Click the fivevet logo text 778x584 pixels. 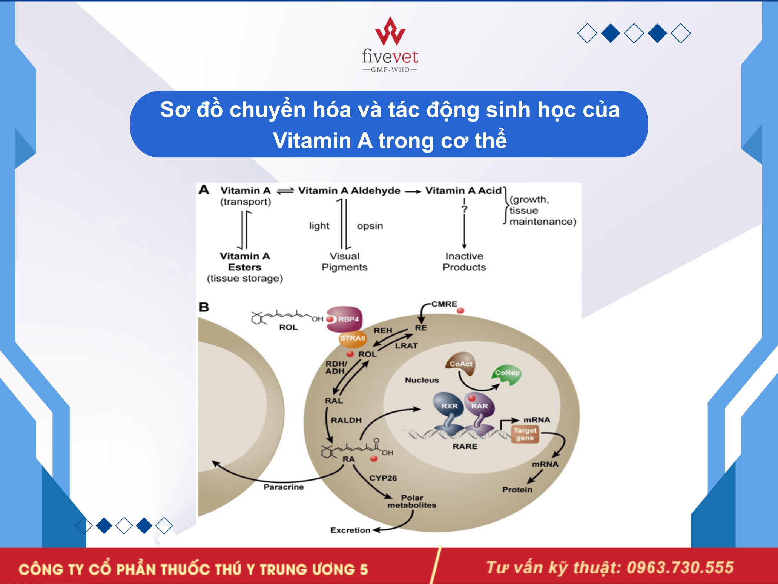pos(390,57)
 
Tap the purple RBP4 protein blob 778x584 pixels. pos(344,319)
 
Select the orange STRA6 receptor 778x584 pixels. pos(353,338)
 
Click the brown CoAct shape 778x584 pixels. pos(460,364)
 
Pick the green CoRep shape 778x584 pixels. pos(507,374)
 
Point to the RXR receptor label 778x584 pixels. pos(450,406)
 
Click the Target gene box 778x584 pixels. pos(525,434)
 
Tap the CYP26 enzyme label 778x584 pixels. pos(383,478)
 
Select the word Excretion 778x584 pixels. pos(350,530)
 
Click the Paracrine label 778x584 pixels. pos(284,487)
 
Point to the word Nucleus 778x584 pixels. pos(422,380)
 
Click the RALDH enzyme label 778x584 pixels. pos(346,420)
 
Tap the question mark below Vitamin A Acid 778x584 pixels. pos(464,209)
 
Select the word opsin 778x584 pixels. pos(370,226)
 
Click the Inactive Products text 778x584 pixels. pos(464,262)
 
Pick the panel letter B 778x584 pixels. pos(204,307)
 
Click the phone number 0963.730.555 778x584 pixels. pos(680,567)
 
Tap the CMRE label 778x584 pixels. pos(444,304)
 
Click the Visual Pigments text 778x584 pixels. pos(344,262)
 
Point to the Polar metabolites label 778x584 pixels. pos(412,501)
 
